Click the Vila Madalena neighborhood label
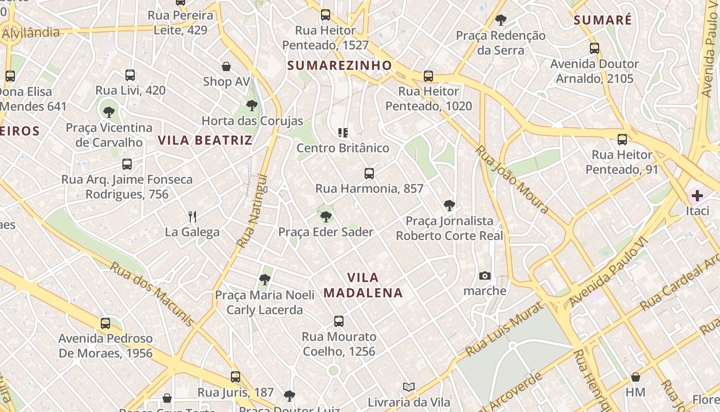363,285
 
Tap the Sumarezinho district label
339,65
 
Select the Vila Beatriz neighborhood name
205,140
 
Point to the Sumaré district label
602,20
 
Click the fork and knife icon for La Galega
192,216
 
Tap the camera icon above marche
484,276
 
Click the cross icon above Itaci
697,196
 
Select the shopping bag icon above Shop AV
226,66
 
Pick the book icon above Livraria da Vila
409,387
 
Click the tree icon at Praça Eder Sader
326,217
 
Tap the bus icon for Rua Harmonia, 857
369,174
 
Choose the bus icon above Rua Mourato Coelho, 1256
338,321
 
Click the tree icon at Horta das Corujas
251,106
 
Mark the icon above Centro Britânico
343,133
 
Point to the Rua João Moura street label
512,179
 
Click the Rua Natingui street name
253,211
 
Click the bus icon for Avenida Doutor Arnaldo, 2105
594,48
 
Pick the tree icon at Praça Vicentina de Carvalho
109,112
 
